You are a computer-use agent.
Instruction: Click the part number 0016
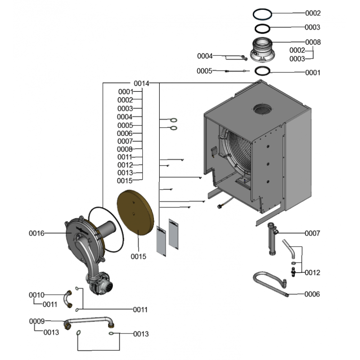point(36,233)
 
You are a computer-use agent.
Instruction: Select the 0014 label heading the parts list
point(141,83)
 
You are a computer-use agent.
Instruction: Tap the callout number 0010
point(36,295)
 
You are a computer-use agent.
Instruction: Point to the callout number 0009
point(36,321)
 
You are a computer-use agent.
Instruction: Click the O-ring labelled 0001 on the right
point(263,71)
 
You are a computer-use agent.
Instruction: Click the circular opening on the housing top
point(263,109)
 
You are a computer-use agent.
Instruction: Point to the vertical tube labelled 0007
point(272,238)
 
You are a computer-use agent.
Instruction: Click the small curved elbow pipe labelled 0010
point(68,299)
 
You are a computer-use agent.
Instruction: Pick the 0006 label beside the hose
point(312,294)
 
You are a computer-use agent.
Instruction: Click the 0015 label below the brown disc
point(139,256)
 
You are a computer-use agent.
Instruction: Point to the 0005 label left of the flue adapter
point(204,71)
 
